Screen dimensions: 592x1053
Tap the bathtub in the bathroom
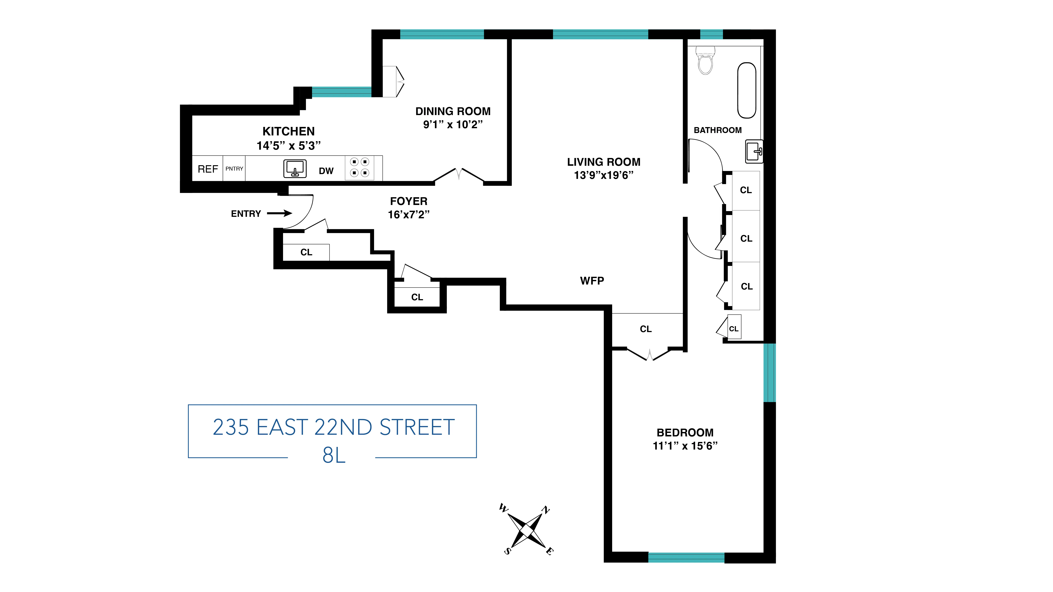[x=747, y=90]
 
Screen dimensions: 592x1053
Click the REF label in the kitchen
[x=208, y=169]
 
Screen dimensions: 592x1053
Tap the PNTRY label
[x=234, y=168]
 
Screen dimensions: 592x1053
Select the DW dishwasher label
[x=326, y=171]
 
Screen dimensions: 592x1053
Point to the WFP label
[x=592, y=281]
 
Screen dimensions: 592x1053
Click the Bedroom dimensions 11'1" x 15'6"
[x=685, y=446]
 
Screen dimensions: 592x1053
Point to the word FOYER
[x=409, y=201]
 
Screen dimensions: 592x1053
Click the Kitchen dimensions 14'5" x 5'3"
[x=289, y=146]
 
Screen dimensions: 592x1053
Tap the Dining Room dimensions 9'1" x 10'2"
[x=453, y=125]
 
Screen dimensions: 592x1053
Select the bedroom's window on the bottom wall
[x=686, y=557]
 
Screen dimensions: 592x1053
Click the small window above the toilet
[x=712, y=34]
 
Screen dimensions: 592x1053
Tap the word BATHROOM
[x=718, y=130]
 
